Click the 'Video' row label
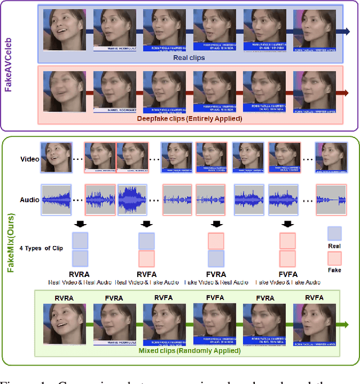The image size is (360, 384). (x=30, y=159)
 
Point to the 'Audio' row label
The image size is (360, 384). (x=30, y=199)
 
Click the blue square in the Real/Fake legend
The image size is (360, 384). (x=334, y=233)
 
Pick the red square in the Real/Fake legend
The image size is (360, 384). (x=334, y=258)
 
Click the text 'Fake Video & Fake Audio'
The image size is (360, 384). (x=287, y=282)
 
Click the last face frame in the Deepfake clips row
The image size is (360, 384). (x=318, y=91)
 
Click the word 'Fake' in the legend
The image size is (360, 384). (x=334, y=270)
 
